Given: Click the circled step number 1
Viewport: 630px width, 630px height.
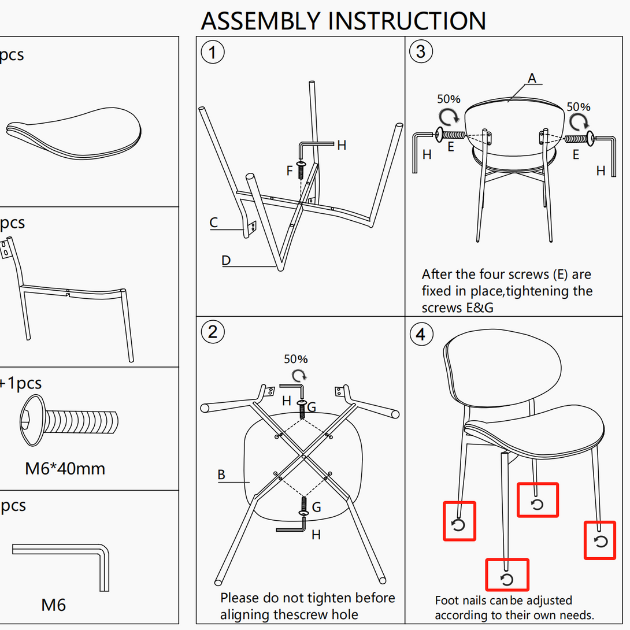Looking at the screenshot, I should pyautogui.click(x=212, y=53).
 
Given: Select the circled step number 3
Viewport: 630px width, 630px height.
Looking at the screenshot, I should pyautogui.click(x=421, y=52).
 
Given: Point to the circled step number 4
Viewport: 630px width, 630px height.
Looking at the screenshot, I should pyautogui.click(x=421, y=335).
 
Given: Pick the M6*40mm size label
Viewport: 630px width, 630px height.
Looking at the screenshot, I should pyautogui.click(x=65, y=468).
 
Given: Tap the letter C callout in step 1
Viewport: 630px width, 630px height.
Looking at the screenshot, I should pyautogui.click(x=214, y=222).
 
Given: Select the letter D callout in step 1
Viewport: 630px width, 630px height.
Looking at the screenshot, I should pyautogui.click(x=226, y=261).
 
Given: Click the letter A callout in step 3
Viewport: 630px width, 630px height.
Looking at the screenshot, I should pyautogui.click(x=532, y=77).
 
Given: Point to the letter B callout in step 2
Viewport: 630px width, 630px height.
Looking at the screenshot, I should pyautogui.click(x=221, y=475).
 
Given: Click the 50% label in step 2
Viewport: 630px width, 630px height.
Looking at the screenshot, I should pyautogui.click(x=295, y=359).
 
